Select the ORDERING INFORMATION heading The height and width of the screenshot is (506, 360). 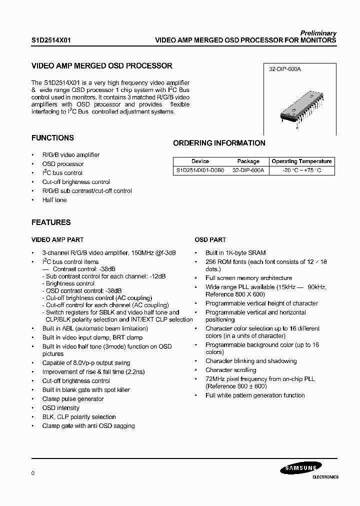coord(219,143)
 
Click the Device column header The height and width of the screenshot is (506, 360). coord(200,161)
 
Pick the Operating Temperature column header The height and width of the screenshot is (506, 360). coord(301,161)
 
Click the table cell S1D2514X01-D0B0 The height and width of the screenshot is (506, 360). coord(200,170)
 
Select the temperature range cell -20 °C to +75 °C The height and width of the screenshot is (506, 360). coord(301,170)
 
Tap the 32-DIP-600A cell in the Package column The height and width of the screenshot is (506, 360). coord(248,170)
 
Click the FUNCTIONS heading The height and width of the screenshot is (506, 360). coord(52,138)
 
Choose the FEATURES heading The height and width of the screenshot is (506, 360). coord(51,222)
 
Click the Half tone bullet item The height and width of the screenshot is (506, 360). coord(54,200)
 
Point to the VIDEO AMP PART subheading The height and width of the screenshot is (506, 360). coord(57,240)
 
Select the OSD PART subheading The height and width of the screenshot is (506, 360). coord(210,240)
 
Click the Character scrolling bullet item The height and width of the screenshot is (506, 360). coord(230,370)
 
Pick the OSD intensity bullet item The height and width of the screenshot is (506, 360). coord(60,408)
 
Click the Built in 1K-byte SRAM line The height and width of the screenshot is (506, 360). coord(235,253)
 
